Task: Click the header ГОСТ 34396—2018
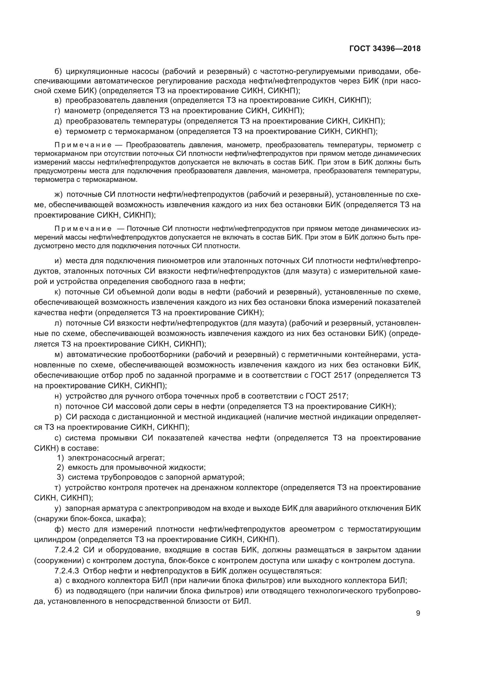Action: pyautogui.click(x=385, y=48)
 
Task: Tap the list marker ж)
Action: pyautogui.click(x=59, y=194)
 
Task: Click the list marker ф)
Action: pyautogui.click(x=60, y=529)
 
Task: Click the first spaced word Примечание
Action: pyautogui.click(x=83, y=145)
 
